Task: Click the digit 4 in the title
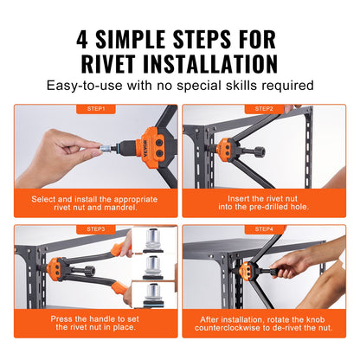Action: [85, 38]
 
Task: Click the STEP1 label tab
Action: [95, 109]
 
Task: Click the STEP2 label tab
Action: [265, 109]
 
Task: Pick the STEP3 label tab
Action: [95, 228]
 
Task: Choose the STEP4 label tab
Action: [265, 228]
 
